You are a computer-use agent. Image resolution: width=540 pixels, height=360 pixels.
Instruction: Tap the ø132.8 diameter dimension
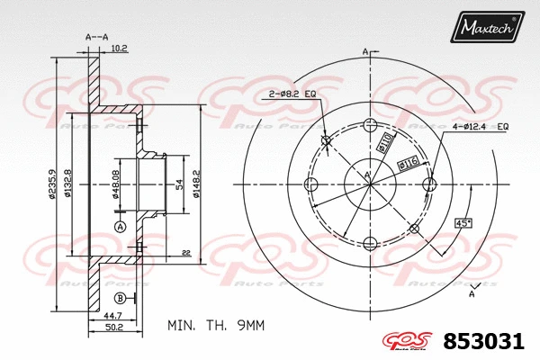point(68,184)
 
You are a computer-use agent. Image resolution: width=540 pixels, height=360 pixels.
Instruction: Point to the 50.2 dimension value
point(112,329)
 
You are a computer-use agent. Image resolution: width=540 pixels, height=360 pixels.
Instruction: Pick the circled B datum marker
point(120,298)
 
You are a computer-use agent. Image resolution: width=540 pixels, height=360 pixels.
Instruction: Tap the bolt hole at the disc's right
point(428,185)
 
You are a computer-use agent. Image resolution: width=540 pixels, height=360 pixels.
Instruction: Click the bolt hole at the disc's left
point(311,185)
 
